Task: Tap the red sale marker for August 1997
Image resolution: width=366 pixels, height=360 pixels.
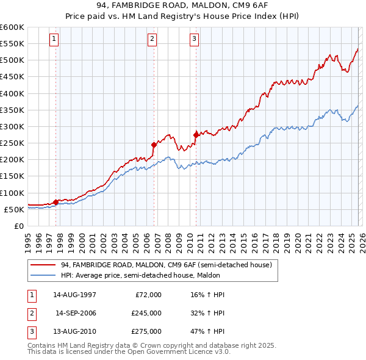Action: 56,201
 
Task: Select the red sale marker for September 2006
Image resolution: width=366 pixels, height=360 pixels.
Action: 154,145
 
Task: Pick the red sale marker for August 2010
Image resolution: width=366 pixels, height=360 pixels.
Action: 196,135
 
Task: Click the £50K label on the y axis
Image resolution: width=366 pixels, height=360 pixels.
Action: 13,209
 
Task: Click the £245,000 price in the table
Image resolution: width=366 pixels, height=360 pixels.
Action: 146,313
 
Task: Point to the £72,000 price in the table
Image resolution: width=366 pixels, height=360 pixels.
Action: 148,295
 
